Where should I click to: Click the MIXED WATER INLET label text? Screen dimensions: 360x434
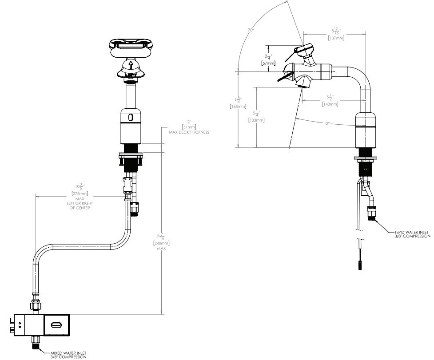pyautogui.click(x=67, y=354)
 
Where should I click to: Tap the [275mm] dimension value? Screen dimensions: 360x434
pyautogui.click(x=80, y=194)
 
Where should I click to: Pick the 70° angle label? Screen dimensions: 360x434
pyautogui.click(x=251, y=30)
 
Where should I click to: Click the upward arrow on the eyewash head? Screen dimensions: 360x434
pyautogui.click(x=131, y=65)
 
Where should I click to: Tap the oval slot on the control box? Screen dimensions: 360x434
pyautogui.click(x=56, y=325)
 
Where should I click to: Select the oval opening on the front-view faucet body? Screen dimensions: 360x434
pyautogui.click(x=131, y=117)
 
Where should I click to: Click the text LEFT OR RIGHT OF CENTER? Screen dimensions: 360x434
pyautogui.click(x=80, y=206)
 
